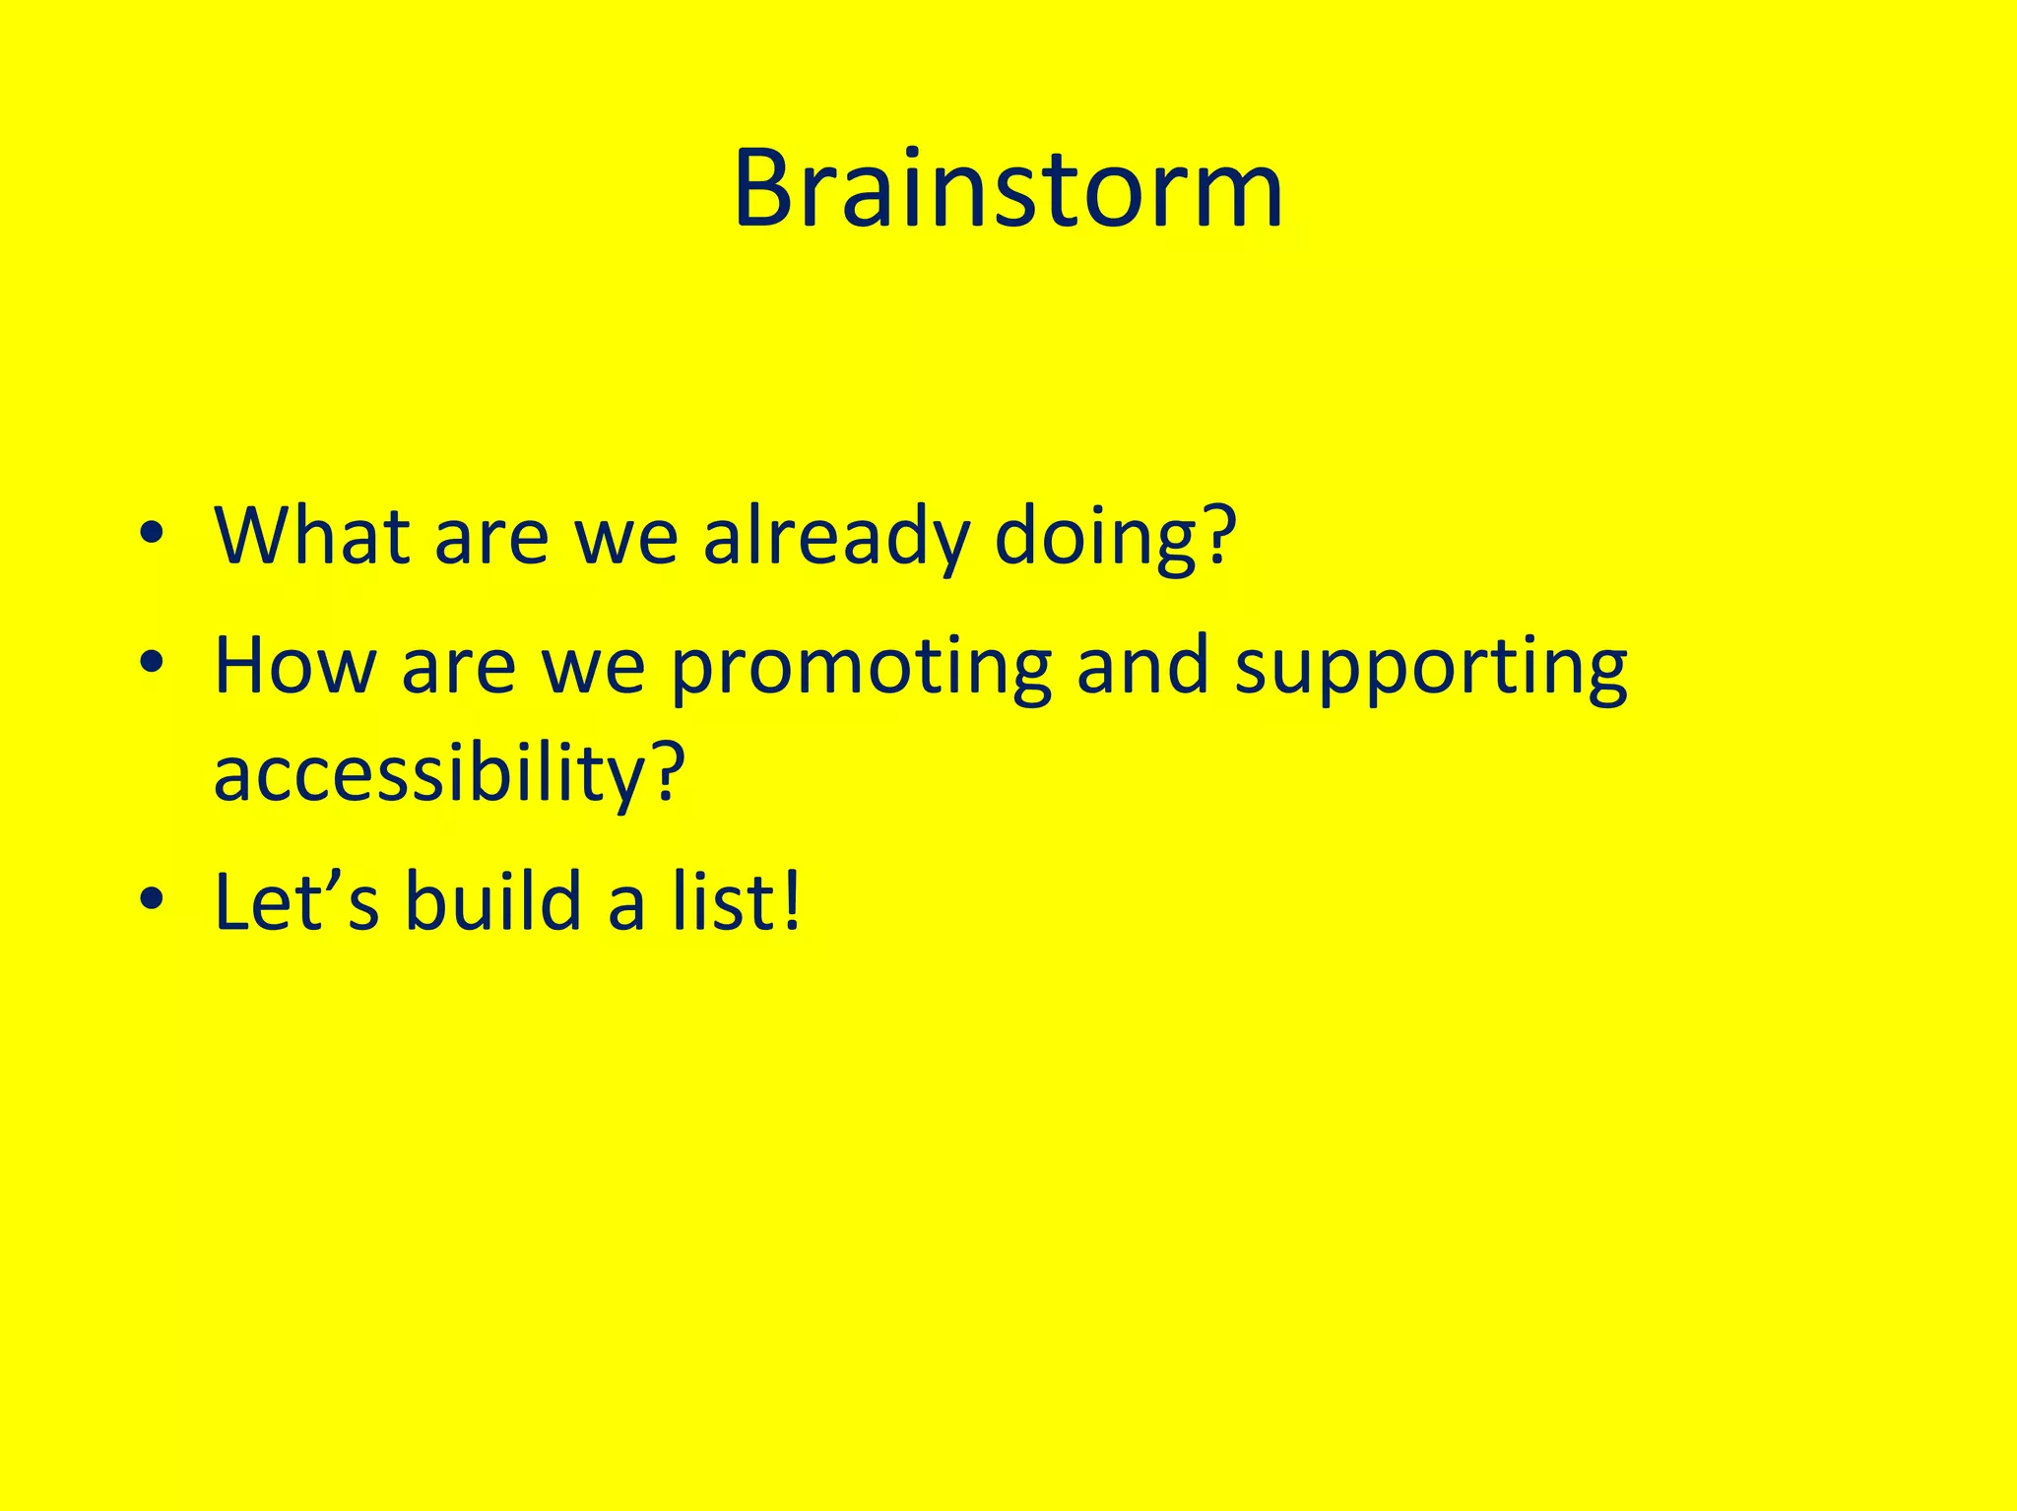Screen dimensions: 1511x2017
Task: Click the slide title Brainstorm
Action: (1008, 189)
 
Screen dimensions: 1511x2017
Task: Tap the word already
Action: (835, 538)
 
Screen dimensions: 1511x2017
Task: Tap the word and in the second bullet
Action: (1142, 666)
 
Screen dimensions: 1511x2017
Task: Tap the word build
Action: (493, 900)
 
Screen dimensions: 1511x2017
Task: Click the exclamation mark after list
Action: (791, 900)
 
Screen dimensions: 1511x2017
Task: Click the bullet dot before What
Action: (151, 533)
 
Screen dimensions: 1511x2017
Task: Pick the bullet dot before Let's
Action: (151, 898)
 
